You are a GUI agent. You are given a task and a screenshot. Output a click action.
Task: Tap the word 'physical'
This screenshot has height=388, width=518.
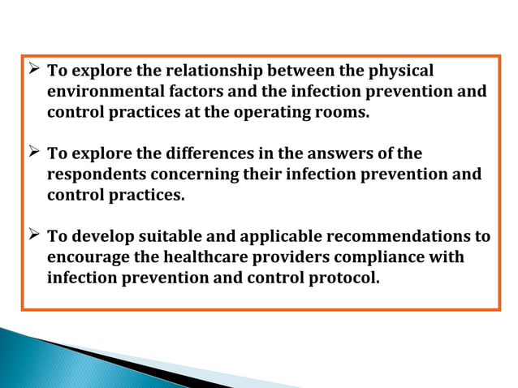(398, 71)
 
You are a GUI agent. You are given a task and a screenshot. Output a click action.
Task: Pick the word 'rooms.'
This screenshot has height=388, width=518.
(342, 112)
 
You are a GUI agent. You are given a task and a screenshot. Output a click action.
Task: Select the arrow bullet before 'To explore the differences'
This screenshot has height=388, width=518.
(34, 153)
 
